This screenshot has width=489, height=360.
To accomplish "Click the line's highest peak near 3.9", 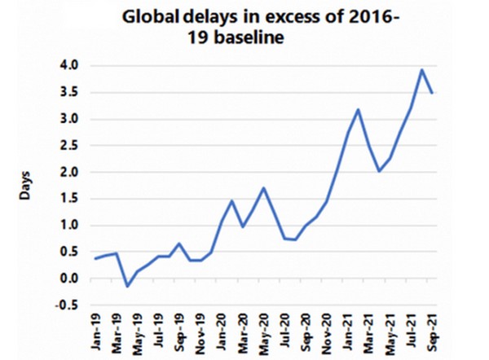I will [421, 69].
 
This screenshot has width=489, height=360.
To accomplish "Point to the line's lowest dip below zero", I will [127, 286].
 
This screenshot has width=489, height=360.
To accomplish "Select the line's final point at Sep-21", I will [432, 93].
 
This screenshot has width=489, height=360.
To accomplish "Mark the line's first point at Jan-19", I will [95, 258].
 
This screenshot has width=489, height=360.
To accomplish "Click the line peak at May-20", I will [263, 188].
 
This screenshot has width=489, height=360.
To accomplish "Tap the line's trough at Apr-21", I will [378, 171].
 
